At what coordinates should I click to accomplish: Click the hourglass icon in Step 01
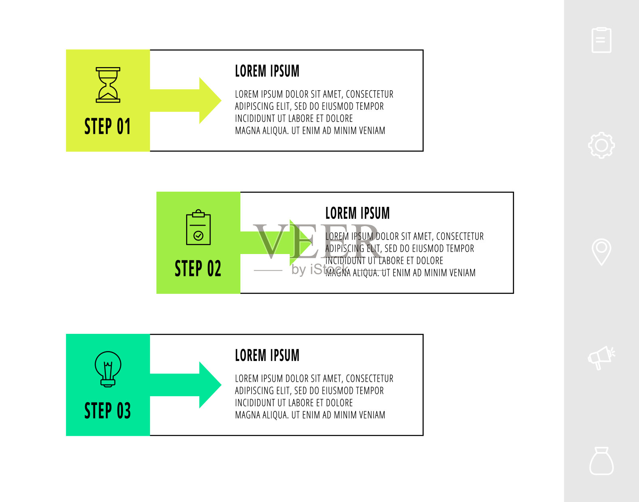108,85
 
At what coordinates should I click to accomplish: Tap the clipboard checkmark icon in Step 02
198,227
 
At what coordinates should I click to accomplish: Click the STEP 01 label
107,127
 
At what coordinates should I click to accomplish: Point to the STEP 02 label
198,268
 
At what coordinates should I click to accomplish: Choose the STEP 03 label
107,411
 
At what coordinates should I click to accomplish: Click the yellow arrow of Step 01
188,101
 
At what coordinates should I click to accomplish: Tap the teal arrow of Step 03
188,385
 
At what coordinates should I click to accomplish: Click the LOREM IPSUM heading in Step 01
267,71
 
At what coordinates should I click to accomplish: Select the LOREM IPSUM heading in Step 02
357,213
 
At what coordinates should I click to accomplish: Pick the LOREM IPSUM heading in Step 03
267,355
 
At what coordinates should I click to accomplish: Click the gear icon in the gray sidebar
601,145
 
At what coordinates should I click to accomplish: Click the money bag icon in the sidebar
601,461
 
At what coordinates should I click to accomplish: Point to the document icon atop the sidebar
601,40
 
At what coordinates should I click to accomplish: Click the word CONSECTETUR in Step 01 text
369,95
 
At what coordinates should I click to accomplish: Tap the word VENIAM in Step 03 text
371,415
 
